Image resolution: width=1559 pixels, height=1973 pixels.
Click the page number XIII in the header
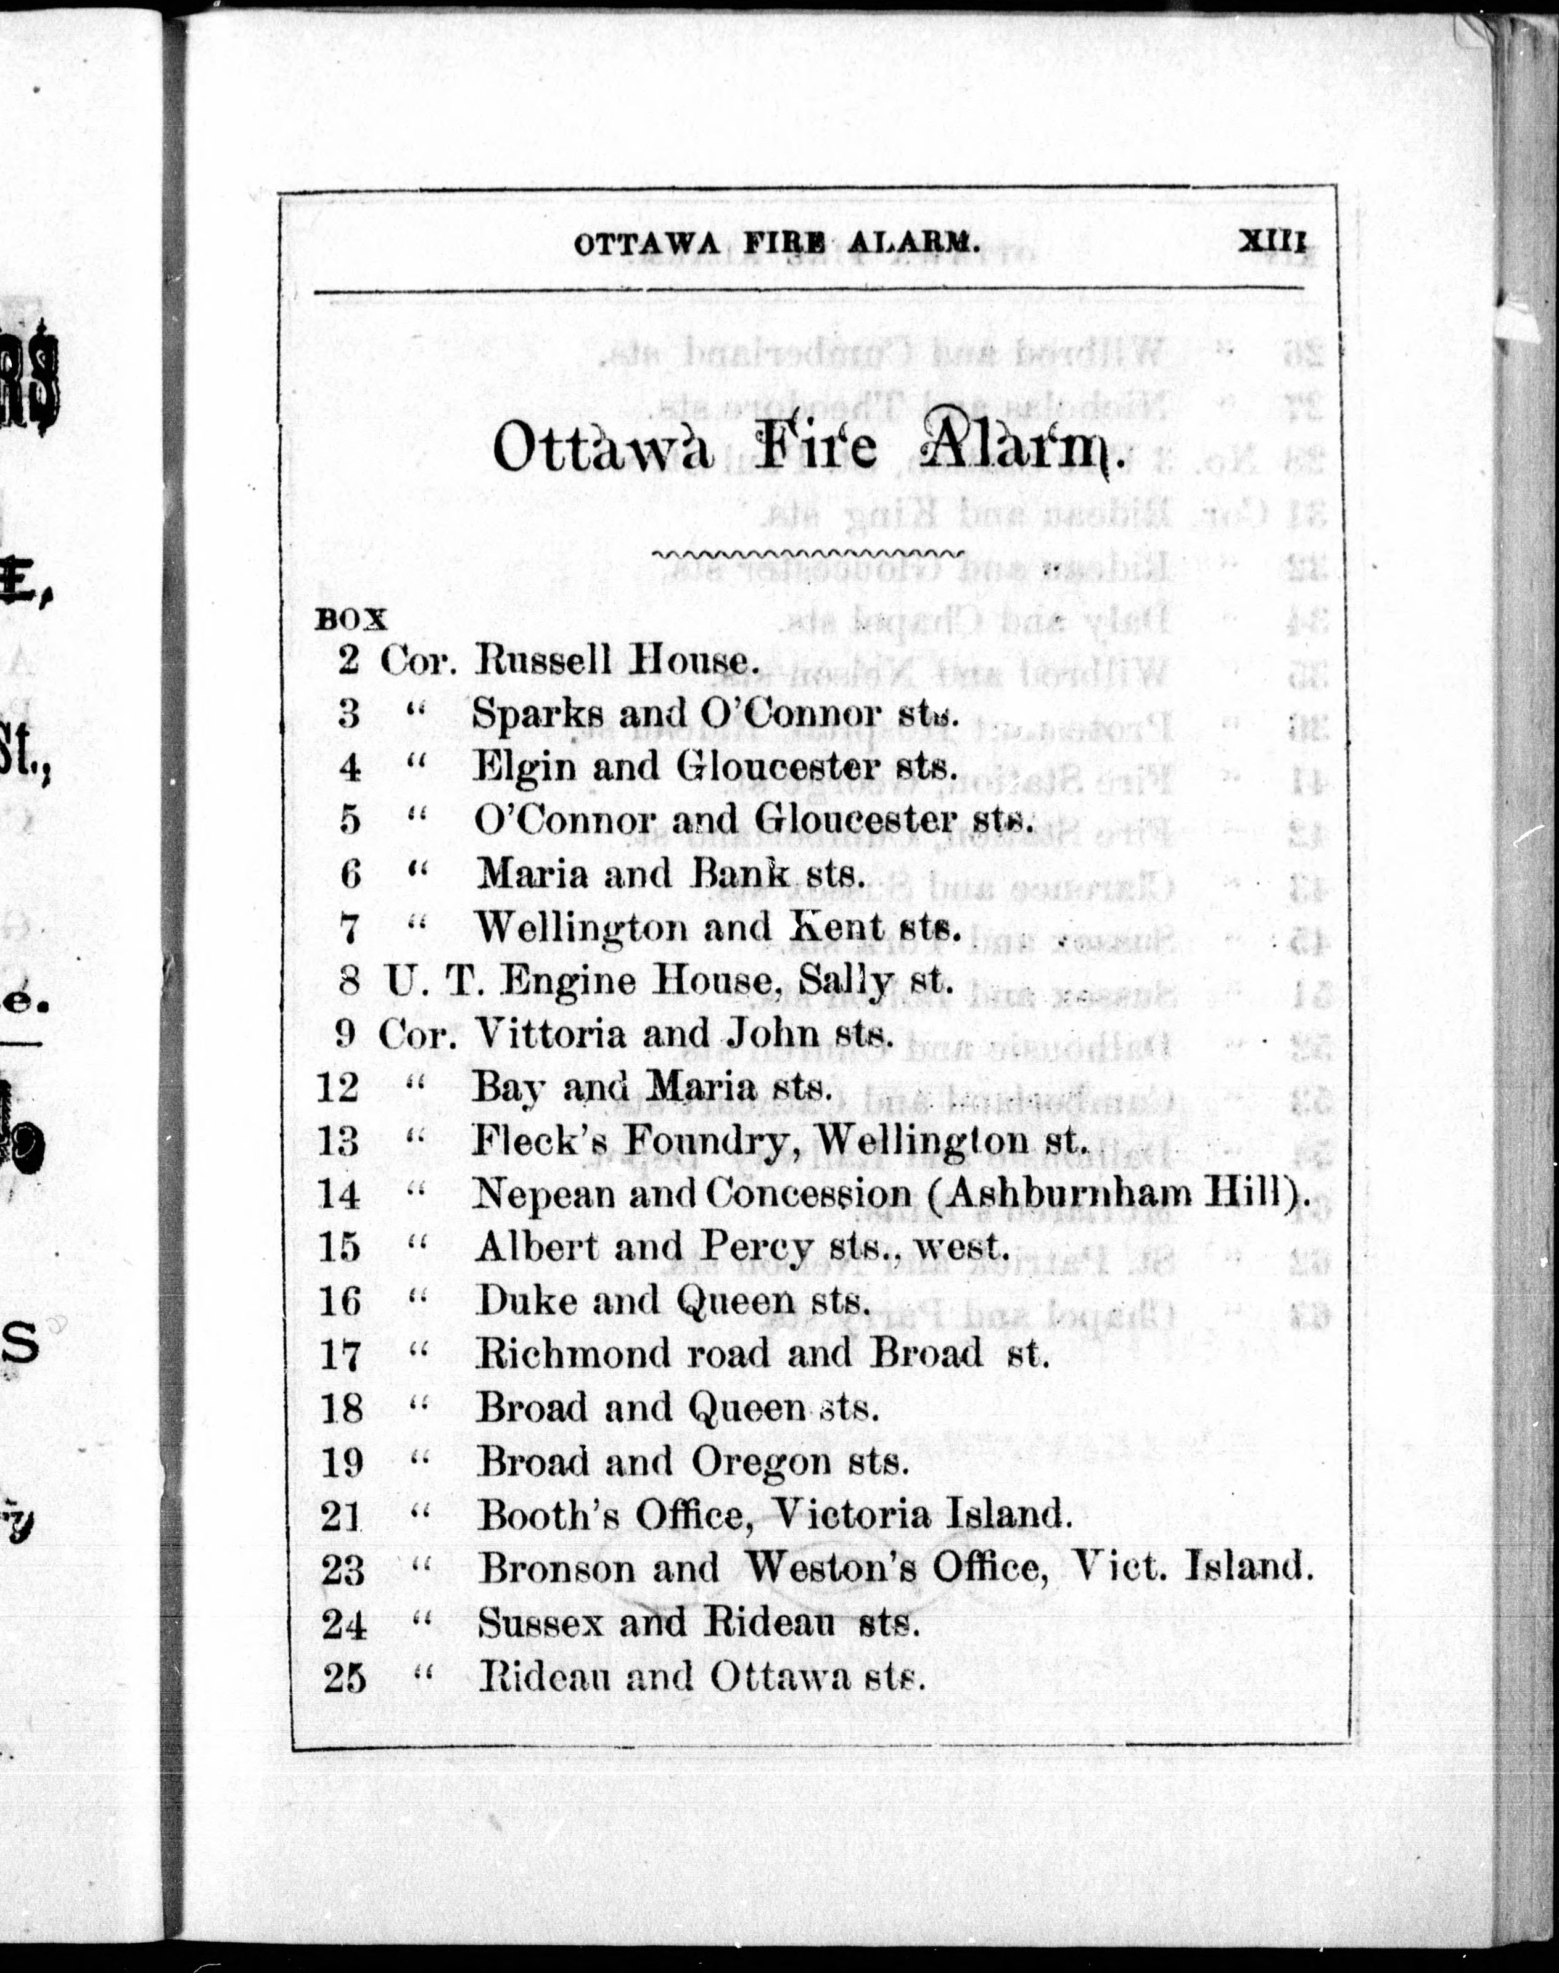coord(1272,243)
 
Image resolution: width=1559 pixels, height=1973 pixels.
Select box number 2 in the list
coord(348,660)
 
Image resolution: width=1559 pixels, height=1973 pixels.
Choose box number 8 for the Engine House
coord(348,982)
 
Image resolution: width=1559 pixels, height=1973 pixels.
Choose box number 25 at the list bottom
coord(344,1677)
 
